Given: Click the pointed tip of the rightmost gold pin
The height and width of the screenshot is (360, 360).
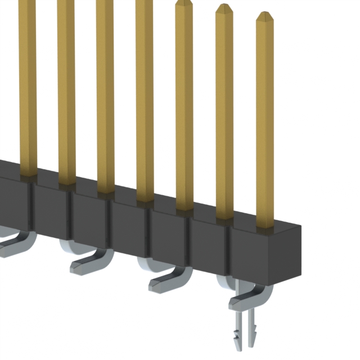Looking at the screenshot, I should pos(264,15).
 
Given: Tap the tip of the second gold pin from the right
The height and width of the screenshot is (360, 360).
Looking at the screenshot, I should pos(224,7).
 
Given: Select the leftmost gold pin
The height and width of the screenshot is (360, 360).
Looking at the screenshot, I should pos(27,84).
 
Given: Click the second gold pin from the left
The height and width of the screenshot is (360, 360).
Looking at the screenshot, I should pos(66,90).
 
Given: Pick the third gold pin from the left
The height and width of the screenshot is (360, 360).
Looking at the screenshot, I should pos(105,96).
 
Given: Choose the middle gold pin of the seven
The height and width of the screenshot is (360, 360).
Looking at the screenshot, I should pos(145,101).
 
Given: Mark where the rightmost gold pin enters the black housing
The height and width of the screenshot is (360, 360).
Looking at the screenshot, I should pos(264,226).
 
